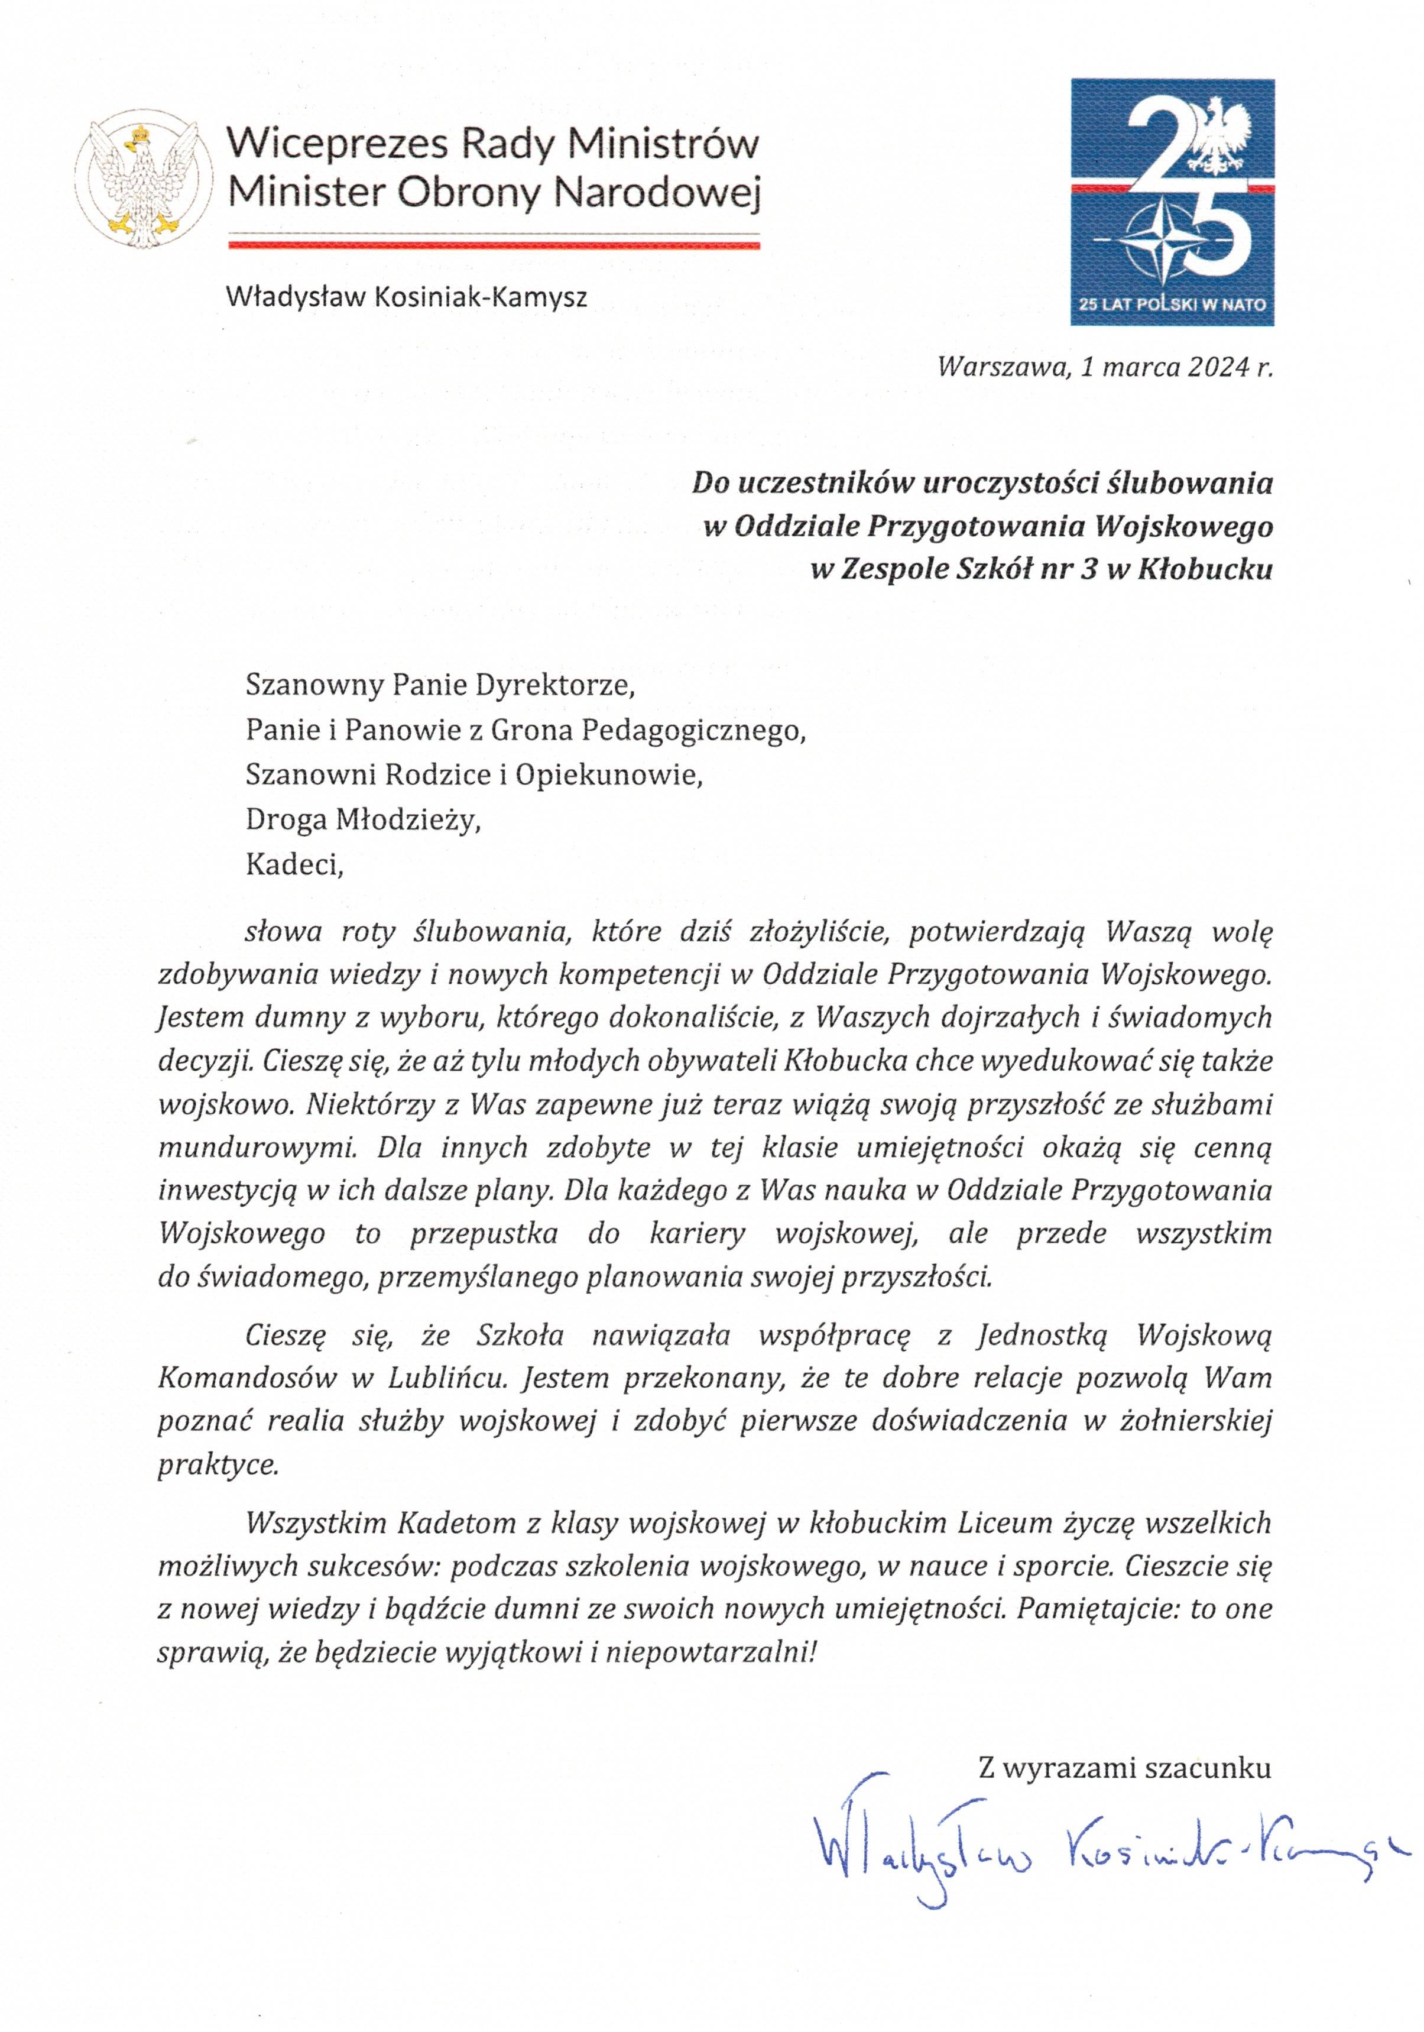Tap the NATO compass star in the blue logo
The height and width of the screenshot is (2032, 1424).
coord(1162,240)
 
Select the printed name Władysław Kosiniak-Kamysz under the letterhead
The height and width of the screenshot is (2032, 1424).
coord(406,296)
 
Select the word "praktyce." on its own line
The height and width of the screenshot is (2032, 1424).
coord(218,1464)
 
